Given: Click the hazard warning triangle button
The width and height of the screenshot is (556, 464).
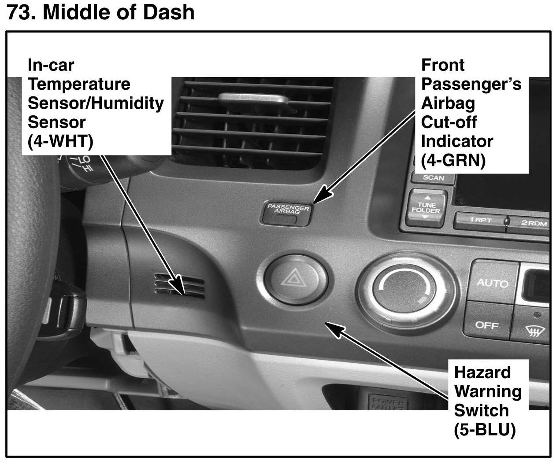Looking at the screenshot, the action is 296,279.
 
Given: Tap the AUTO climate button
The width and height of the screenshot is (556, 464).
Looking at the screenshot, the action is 492,283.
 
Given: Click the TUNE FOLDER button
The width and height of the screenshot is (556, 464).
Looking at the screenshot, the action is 426,208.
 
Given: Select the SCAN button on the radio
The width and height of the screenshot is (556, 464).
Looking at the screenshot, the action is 433,177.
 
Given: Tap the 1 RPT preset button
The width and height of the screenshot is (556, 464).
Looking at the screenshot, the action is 480,221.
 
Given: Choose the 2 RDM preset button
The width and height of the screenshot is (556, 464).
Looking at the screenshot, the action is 534,223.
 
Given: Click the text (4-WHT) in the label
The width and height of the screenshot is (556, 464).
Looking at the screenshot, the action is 60,141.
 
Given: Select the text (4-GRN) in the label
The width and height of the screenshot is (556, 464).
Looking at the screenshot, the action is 453,160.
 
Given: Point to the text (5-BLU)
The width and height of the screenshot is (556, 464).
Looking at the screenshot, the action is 485,429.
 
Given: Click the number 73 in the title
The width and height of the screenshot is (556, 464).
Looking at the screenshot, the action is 19,12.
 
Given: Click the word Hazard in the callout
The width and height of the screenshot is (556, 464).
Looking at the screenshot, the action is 482,372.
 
